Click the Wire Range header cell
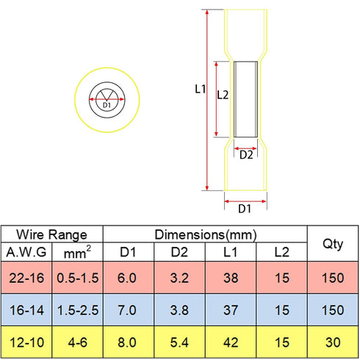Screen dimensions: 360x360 pos(51,234)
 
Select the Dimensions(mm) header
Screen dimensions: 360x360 pos(206,234)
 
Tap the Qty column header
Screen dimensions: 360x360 pos(333,244)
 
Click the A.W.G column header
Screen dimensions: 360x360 pos(26,252)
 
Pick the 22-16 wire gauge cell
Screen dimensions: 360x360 pos(26,278)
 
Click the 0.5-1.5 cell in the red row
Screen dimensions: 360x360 pos(78,278)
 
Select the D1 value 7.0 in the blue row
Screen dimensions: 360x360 pos(127,310)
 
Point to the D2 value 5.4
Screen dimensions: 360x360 pos(179,342)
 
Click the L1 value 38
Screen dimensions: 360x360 pos(231,278)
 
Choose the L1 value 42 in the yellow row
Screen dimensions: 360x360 pos(231,342)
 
